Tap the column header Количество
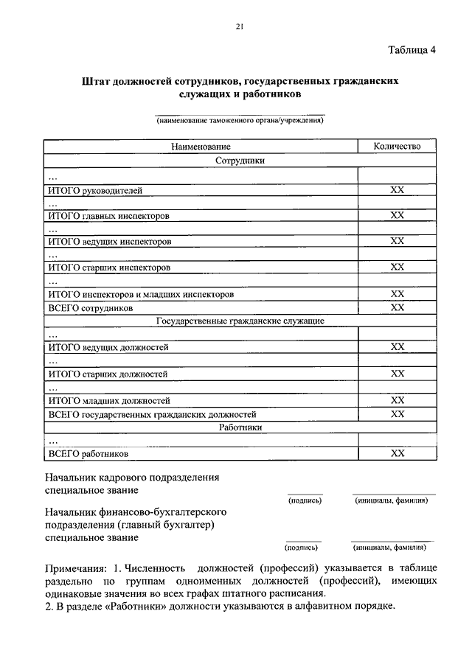(397, 147)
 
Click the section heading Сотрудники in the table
(240, 160)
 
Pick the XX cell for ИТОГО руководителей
(397, 190)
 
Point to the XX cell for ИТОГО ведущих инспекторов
(397, 241)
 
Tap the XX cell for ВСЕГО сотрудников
(397, 307)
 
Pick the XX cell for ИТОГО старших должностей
(397, 374)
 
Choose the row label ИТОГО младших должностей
(108, 401)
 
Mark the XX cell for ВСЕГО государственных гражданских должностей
(397, 413)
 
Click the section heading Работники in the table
(240, 427)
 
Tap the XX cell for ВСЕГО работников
(397, 453)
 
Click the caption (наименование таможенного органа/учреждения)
(240, 120)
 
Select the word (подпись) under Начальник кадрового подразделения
(304, 500)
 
